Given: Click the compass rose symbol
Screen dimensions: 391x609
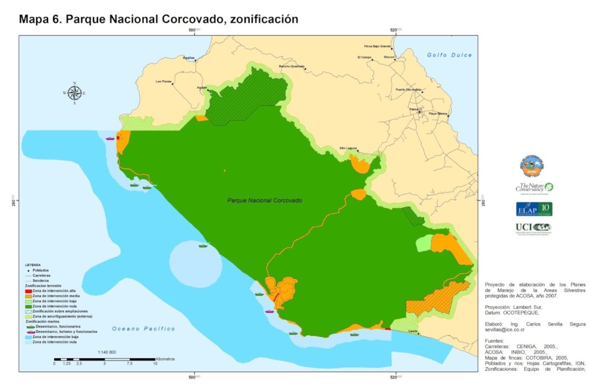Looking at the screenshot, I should (74, 93).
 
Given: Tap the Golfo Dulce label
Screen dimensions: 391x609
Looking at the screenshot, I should (449, 55).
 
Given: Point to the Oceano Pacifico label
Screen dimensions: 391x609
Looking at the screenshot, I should (143, 329).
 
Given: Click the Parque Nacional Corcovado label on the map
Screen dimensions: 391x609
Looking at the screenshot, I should (265, 201).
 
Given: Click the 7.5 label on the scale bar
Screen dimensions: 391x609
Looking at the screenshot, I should (129, 363).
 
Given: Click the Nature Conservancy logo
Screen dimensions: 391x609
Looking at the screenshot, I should (534, 188).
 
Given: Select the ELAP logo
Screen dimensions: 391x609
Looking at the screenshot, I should (534, 209).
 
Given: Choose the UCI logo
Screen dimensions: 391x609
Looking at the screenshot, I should (534, 227).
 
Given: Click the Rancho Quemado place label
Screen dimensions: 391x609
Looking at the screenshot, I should (291, 66).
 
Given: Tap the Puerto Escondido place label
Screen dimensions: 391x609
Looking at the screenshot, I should (408, 89).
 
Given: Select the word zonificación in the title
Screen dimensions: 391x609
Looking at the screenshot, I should (260, 19).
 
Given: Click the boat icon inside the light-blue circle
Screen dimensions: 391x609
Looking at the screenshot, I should (203, 245).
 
